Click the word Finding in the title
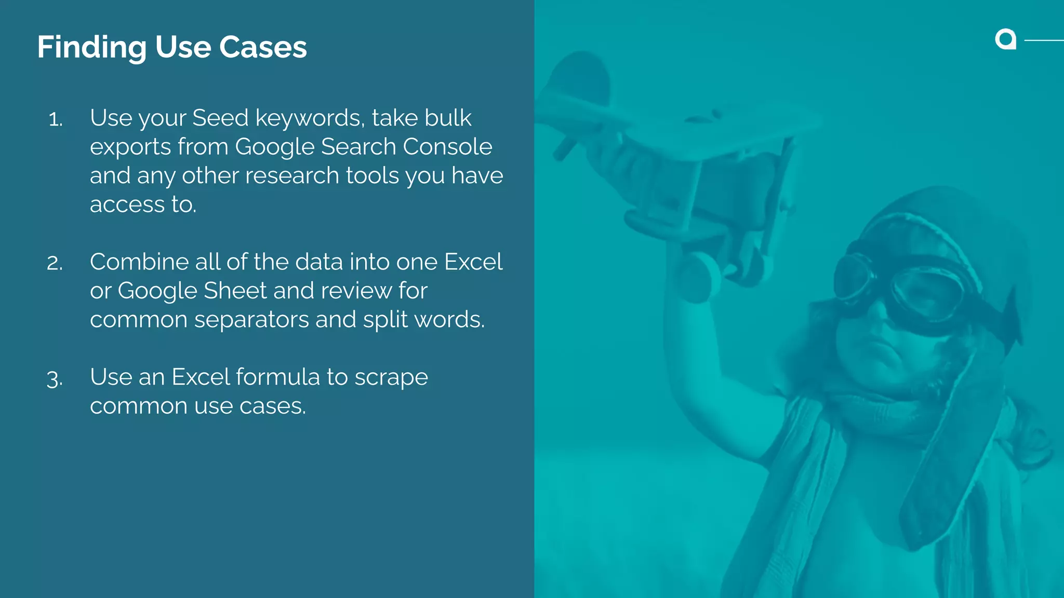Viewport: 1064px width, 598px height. pyautogui.click(x=92, y=48)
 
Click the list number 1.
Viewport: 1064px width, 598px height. pyautogui.click(x=55, y=120)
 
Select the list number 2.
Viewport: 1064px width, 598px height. pyautogui.click(x=55, y=263)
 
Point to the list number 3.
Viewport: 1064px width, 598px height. pyautogui.click(x=55, y=378)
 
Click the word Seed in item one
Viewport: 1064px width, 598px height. pyautogui.click(x=220, y=118)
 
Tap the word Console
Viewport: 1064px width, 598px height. pyautogui.click(x=447, y=147)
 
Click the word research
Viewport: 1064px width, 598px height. pyautogui.click(x=292, y=175)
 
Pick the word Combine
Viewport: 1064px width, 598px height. pyautogui.click(x=139, y=262)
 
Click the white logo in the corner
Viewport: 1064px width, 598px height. pyautogui.click(x=1006, y=39)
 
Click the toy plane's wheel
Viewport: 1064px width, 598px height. pyautogui.click(x=699, y=278)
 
